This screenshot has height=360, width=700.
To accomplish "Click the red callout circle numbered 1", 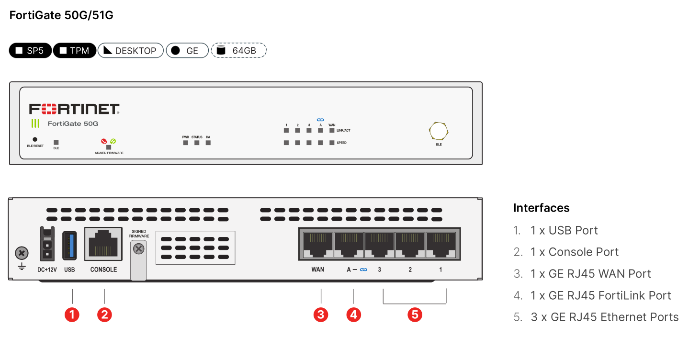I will pyautogui.click(x=72, y=315).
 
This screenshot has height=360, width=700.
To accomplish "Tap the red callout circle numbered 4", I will pyautogui.click(x=353, y=315).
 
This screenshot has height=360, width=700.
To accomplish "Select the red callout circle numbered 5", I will pyautogui.click(x=415, y=315).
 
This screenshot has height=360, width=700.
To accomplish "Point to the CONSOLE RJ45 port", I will pyautogui.click(x=103, y=245).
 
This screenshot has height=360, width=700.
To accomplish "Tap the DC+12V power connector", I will pyautogui.click(x=47, y=245).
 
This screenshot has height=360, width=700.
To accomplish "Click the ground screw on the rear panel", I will pyautogui.click(x=22, y=253).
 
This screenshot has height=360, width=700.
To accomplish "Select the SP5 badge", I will pyautogui.click(x=30, y=50).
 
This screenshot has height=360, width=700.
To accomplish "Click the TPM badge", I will pyautogui.click(x=74, y=50).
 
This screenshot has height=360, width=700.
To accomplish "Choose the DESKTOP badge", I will pyautogui.click(x=130, y=50).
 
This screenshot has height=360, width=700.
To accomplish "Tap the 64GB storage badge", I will pyautogui.click(x=238, y=50).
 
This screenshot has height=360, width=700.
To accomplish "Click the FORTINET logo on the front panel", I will pyautogui.click(x=74, y=109).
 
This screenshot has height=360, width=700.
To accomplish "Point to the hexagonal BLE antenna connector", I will pyautogui.click(x=439, y=132).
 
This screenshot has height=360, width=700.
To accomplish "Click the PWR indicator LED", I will pyautogui.click(x=186, y=143).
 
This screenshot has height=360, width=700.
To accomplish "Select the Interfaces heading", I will pyautogui.click(x=541, y=208).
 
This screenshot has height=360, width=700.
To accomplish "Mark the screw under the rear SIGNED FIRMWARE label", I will pyautogui.click(x=138, y=248).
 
